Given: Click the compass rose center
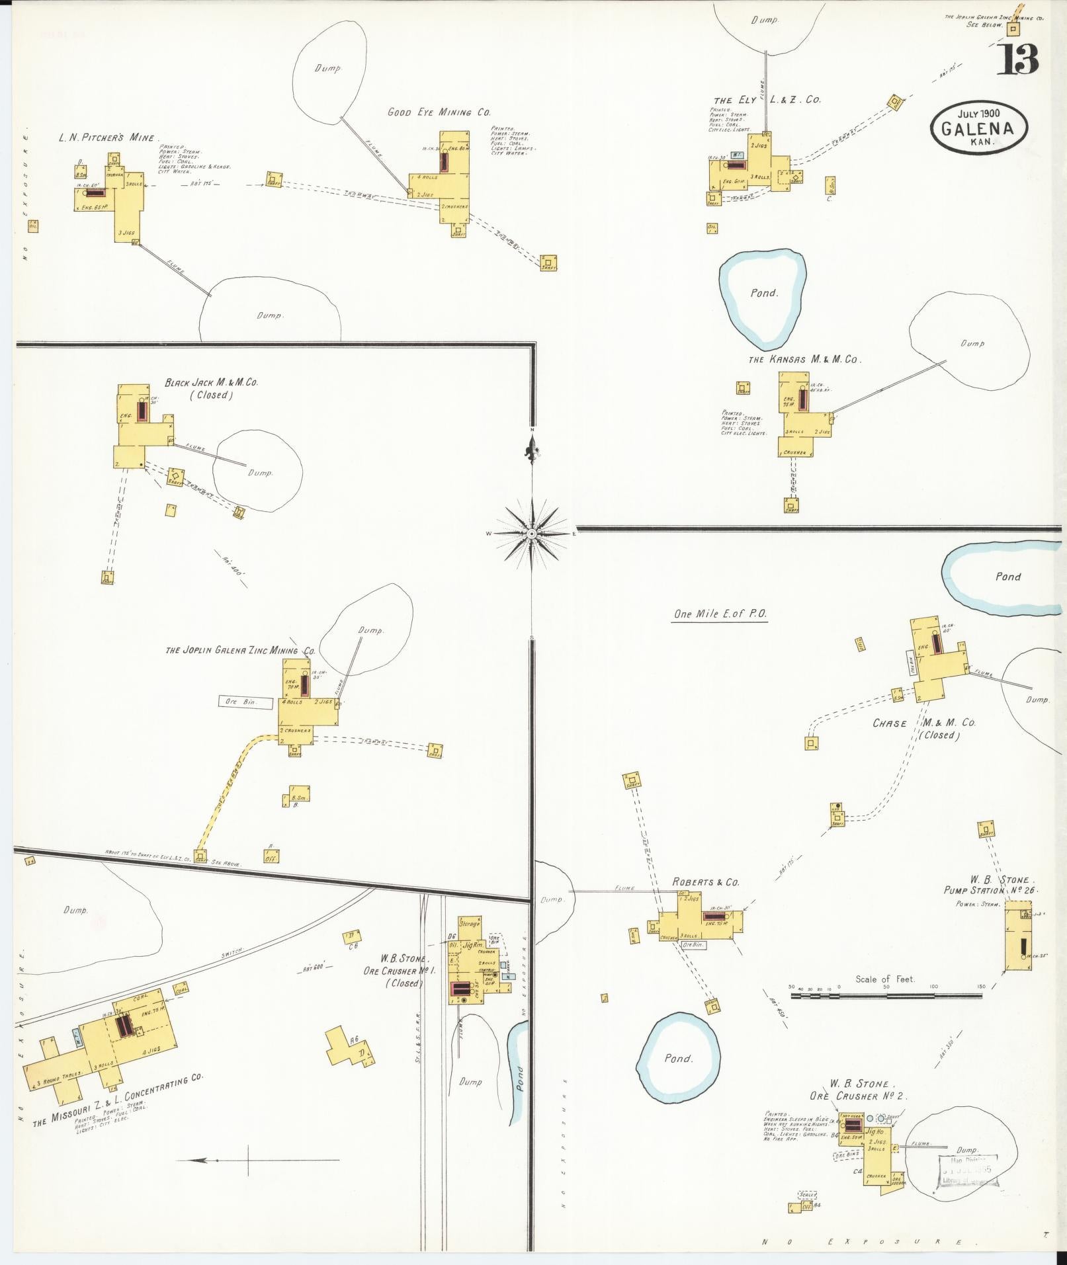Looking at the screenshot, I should (x=533, y=533).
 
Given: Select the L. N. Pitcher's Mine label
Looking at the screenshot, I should (x=106, y=138).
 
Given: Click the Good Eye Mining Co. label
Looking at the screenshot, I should (x=439, y=112).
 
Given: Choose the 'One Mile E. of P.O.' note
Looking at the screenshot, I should (x=720, y=614).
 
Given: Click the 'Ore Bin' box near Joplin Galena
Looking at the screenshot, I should (x=245, y=702).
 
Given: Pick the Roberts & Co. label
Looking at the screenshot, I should (x=705, y=882).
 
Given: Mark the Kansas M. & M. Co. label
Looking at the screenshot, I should (x=804, y=360).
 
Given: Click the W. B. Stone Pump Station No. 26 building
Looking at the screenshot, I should (x=1018, y=940).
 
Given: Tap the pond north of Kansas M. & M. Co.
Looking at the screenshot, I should (x=763, y=293).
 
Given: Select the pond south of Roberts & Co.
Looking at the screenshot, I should (x=678, y=1059).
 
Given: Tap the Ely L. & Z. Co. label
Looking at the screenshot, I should (x=767, y=101).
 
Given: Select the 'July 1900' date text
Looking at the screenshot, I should (x=978, y=113).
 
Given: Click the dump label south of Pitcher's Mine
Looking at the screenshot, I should (x=270, y=316).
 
